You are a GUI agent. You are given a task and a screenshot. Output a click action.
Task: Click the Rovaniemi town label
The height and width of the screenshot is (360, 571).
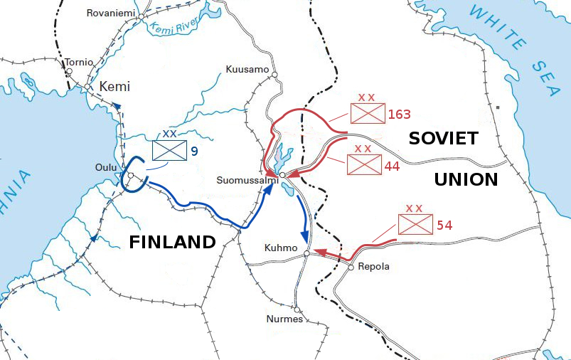click(110, 13)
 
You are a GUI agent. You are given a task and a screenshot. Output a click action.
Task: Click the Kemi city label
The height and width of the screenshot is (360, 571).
click(114, 87)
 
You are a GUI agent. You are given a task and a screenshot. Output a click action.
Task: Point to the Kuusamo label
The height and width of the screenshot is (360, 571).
click(247, 69)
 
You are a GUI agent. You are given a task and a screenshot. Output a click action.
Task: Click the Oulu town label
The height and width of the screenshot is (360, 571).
click(106, 167)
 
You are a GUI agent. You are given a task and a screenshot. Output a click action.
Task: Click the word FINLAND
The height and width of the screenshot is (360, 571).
click(172, 242)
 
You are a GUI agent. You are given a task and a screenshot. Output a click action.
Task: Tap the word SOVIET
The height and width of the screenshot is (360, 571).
click(444, 139)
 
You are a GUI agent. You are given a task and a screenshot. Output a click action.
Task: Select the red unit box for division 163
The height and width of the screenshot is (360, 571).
click(368, 114)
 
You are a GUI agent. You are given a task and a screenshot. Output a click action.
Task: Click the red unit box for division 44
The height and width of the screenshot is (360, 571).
click(363, 164)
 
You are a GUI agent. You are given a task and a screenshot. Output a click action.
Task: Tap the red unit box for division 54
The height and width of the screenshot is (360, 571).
click(415, 225)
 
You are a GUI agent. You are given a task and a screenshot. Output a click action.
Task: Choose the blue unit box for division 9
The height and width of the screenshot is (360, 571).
click(169, 150)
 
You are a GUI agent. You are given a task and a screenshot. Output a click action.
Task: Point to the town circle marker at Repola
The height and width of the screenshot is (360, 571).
click(351, 268)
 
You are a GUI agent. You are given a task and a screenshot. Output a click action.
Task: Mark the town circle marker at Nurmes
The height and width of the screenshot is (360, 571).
click(297, 310)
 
